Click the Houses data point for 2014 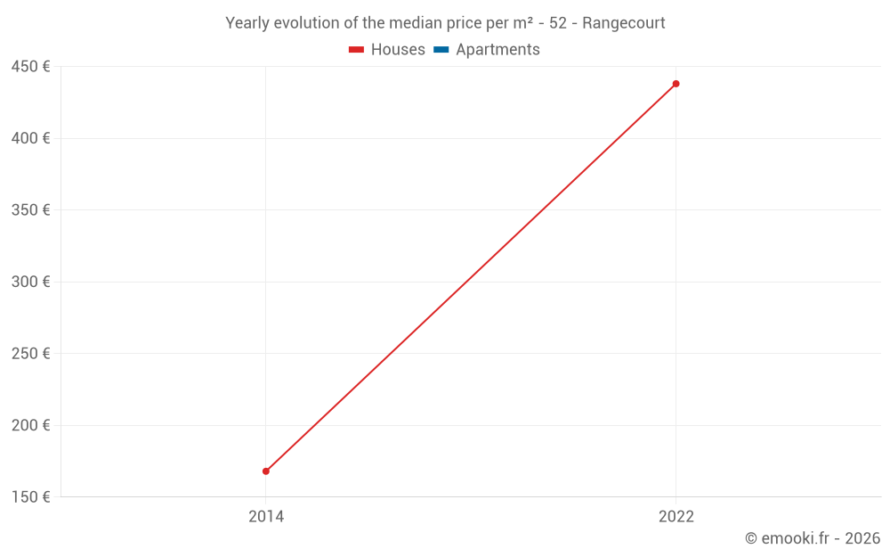tap(266, 471)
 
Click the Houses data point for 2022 tap(676, 84)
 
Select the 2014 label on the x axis tap(266, 516)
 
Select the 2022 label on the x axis tap(676, 516)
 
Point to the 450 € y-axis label tap(31, 67)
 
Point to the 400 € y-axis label tap(31, 138)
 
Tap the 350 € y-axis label tap(31, 210)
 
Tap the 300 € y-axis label tap(31, 282)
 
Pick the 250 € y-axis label tap(31, 354)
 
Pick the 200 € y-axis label tap(31, 425)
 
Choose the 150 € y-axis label tap(31, 496)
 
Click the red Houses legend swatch tap(356, 50)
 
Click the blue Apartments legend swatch tap(441, 50)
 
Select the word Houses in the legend tap(398, 50)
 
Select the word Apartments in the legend tap(498, 50)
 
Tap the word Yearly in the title tap(247, 23)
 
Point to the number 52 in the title tap(558, 23)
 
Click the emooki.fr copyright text tap(812, 538)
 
